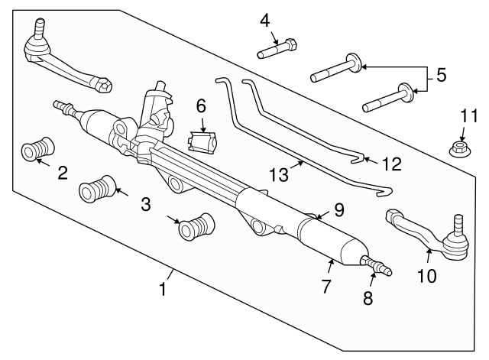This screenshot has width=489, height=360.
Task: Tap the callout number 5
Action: tap(440, 76)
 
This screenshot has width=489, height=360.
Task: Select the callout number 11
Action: tap(468, 116)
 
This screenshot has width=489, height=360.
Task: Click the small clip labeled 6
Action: tap(203, 141)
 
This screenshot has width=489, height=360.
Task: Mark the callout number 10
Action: tap(426, 275)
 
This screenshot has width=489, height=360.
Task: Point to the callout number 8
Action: tap(368, 299)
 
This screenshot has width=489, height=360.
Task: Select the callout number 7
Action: tap(325, 287)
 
